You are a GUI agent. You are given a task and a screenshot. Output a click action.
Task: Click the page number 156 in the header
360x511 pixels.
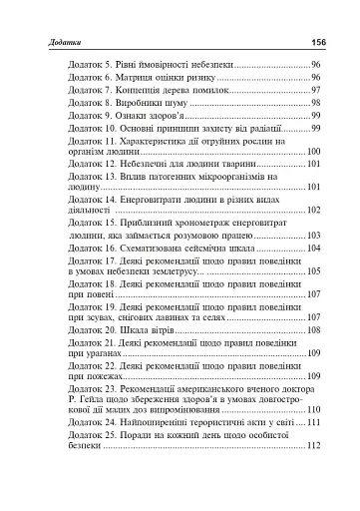pos(319,42)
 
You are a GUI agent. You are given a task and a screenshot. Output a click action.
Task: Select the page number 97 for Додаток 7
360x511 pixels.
pos(314,90)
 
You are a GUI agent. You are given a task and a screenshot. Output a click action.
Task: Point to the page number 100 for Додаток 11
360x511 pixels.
pos(311,152)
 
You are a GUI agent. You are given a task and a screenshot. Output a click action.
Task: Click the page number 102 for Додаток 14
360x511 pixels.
pos(311,211)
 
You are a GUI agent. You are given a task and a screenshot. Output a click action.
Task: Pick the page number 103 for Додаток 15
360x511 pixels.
pos(311,236)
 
